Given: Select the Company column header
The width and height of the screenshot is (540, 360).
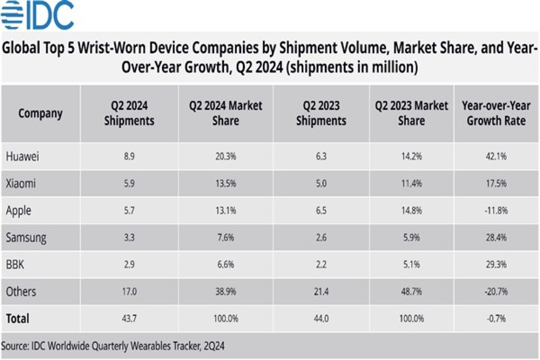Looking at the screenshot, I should (x=40, y=114).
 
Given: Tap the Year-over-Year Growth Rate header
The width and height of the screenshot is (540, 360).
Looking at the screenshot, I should (x=496, y=114).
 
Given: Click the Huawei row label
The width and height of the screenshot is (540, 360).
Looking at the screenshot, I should (x=22, y=156).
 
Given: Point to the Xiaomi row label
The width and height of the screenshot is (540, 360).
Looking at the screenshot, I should (x=21, y=183).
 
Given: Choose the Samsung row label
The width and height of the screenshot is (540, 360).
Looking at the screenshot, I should (x=26, y=238).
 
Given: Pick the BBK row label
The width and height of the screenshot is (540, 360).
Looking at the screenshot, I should (x=16, y=265).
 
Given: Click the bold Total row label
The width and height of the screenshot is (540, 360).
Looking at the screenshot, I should (x=17, y=318).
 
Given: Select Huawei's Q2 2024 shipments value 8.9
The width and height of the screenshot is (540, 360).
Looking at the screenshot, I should (x=129, y=156).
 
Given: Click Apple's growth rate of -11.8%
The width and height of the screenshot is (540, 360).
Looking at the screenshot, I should (x=496, y=211).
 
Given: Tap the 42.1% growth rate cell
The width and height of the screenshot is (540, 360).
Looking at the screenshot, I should (x=496, y=156).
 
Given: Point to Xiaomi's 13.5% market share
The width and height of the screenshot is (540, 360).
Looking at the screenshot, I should (x=226, y=183).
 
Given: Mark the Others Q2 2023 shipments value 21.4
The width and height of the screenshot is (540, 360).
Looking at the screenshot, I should (x=321, y=292).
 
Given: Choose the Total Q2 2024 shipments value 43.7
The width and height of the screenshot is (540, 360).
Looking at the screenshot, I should (x=129, y=319).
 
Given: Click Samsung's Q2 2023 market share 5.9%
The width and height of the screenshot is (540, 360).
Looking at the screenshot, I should (x=411, y=238).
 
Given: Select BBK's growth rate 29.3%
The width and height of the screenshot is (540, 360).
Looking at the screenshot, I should (x=496, y=265).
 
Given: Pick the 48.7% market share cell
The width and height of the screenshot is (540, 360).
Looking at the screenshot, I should (x=411, y=292).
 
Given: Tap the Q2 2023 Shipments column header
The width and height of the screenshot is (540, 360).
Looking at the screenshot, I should (x=321, y=114).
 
